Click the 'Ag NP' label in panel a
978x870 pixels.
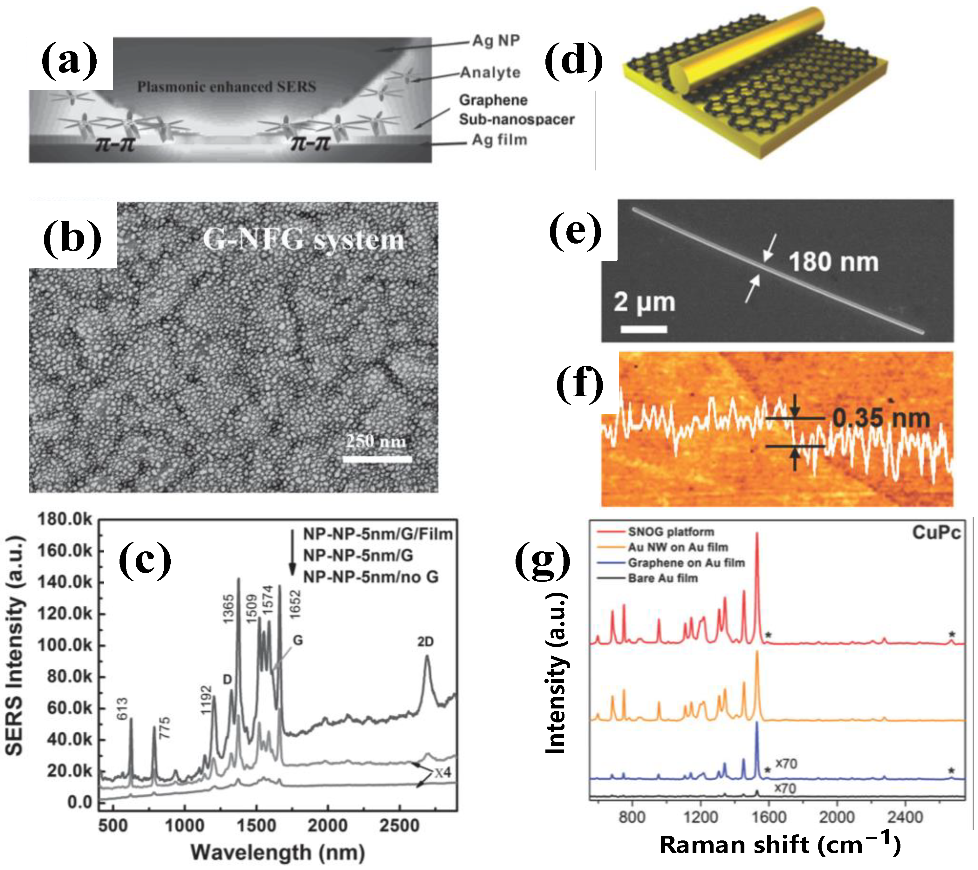coord(496,41)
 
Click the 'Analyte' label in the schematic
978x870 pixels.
coord(490,73)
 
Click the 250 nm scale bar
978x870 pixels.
coord(377,459)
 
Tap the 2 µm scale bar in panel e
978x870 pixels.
coord(644,329)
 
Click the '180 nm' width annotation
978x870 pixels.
coord(833,262)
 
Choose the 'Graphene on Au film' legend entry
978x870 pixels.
coord(686,563)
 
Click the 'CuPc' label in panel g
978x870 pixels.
coord(936,532)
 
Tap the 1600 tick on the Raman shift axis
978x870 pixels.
coord(769,817)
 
